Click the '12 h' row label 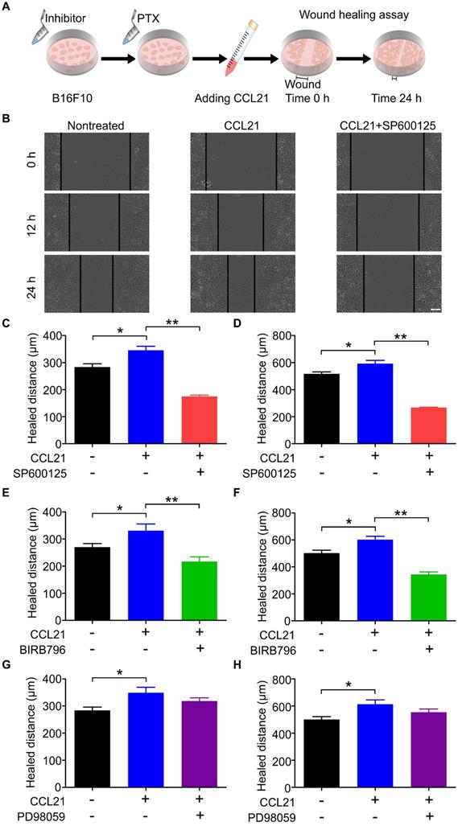click(x=28, y=219)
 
